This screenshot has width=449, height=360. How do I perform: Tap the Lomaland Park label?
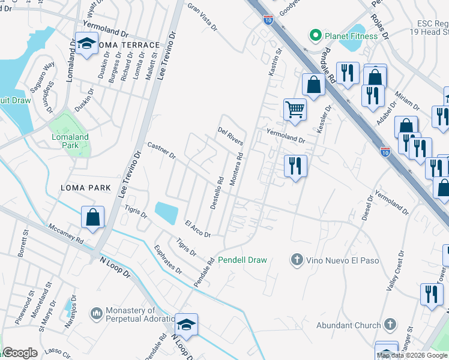click(x=70, y=141)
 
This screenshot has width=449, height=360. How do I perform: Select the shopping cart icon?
click(x=295, y=109)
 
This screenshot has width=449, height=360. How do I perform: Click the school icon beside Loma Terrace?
click(x=88, y=44)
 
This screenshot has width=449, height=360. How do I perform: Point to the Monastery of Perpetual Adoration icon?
click(x=96, y=314)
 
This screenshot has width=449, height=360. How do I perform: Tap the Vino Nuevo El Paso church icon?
click(x=296, y=260)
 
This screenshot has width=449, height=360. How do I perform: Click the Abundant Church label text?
click(x=348, y=326)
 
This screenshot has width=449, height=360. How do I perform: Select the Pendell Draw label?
click(x=242, y=260)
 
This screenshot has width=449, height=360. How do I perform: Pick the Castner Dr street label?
click(x=161, y=151)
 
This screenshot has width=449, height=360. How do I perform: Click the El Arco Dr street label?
click(x=197, y=229)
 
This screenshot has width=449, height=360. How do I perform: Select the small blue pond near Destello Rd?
click(x=166, y=211)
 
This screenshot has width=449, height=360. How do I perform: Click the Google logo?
click(x=19, y=353)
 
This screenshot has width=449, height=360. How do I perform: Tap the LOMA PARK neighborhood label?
click(x=86, y=188)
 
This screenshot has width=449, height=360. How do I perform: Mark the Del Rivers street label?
click(x=231, y=136)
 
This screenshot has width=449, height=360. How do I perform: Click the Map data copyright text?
click(x=412, y=355)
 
